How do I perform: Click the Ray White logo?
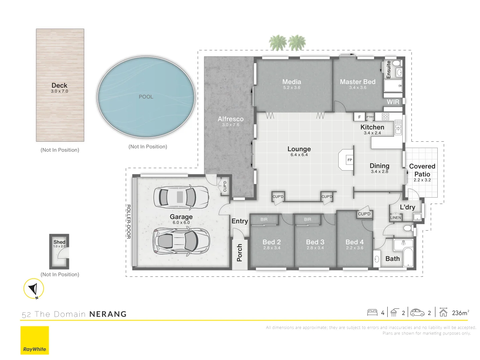pyautogui.click(x=35, y=340)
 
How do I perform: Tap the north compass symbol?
pyautogui.click(x=34, y=289)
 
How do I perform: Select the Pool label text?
pyautogui.click(x=146, y=97)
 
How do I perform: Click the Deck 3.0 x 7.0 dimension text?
pyautogui.click(x=59, y=91)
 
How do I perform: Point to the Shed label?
pyautogui.click(x=59, y=242)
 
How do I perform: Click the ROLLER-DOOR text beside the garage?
pyautogui.click(x=128, y=221)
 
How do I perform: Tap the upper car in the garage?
pyautogui.click(x=181, y=197)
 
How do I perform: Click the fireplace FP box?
pyautogui.click(x=350, y=160)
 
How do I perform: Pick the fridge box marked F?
pyautogui.click(x=359, y=117)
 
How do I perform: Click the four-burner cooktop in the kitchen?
pyautogui.click(x=386, y=117)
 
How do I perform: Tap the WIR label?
pyautogui.click(x=393, y=102)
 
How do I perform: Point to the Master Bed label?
pyautogui.click(x=358, y=82)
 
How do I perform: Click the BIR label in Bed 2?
pyautogui.click(x=264, y=219)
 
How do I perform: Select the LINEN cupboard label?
pyautogui.click(x=396, y=218)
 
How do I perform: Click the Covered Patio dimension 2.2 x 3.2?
pyautogui.click(x=422, y=180)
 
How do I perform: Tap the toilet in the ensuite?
pyautogui.click(x=396, y=63)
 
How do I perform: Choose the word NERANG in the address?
pyautogui.click(x=108, y=314)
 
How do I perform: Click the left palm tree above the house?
pyautogui.click(x=278, y=43)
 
